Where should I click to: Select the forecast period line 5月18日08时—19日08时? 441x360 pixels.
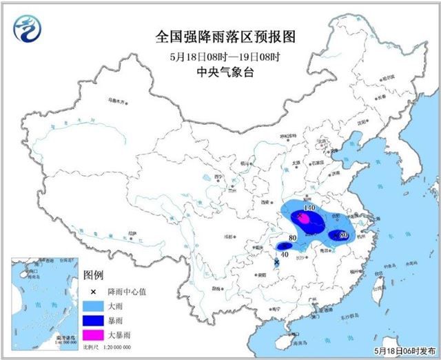coord(220,56)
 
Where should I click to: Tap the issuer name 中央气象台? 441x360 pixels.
coord(220,72)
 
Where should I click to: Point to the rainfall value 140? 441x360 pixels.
coord(309,208)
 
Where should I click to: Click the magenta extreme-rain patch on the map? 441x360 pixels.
coord(302,219)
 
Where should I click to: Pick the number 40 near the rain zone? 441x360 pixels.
coord(283,254)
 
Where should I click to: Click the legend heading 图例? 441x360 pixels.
coord(93,275)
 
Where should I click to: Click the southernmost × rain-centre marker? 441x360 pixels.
coord(277,263)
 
